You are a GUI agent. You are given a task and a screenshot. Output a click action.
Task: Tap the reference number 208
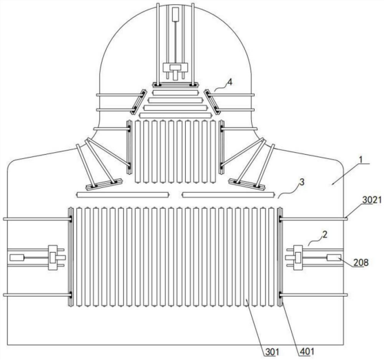click(361, 262)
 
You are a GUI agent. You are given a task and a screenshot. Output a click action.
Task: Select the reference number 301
click(272, 352)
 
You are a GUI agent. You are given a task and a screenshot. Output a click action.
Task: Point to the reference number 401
click(306, 352)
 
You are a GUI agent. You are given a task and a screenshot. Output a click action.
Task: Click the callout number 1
click(361, 160)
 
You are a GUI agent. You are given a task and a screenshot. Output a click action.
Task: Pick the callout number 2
click(325, 235)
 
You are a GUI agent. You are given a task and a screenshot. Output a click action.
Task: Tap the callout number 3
click(302, 182)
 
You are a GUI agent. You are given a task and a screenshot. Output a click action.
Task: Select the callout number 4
click(229, 83)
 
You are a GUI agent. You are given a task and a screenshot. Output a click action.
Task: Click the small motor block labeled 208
click(334, 257)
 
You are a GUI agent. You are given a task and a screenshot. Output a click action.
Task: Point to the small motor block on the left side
click(17, 257)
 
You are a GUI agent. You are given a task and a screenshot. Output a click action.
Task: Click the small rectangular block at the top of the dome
click(175, 14)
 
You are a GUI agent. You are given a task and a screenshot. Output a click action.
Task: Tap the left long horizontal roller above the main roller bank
click(122, 195)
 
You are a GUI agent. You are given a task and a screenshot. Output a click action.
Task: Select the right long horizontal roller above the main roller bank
click(228, 195)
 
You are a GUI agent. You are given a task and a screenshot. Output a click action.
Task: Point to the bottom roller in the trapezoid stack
click(176, 115)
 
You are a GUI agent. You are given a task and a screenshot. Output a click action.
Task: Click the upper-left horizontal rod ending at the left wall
click(37, 219)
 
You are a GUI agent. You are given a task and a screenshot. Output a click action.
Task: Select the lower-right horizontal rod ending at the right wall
click(314, 295)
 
